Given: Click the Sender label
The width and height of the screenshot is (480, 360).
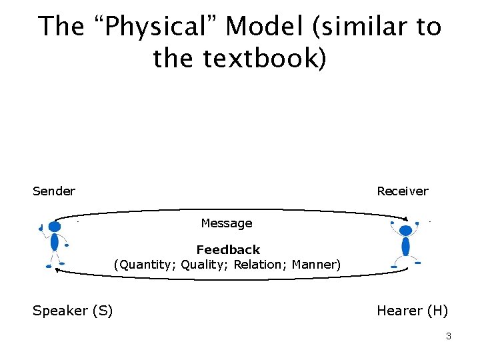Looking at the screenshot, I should (x=54, y=191).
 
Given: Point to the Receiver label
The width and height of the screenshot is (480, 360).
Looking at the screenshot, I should (x=403, y=191).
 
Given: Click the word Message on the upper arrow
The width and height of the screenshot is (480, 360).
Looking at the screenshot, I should (x=227, y=223).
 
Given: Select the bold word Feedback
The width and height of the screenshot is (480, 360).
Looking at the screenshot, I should (x=228, y=250).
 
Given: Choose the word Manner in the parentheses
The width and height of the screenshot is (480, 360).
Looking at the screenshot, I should (x=315, y=265).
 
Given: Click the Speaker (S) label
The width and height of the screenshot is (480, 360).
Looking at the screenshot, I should (x=73, y=311).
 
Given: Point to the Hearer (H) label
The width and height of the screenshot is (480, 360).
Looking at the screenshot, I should (x=413, y=311).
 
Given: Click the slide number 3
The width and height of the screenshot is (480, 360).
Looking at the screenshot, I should (x=449, y=337).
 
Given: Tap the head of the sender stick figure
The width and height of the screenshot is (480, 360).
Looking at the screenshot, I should (x=55, y=227).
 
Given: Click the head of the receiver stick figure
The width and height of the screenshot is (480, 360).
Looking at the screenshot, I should (x=405, y=231).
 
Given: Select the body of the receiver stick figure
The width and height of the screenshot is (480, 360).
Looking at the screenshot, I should (x=405, y=247).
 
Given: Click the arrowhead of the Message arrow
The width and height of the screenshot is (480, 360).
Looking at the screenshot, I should (x=404, y=217).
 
